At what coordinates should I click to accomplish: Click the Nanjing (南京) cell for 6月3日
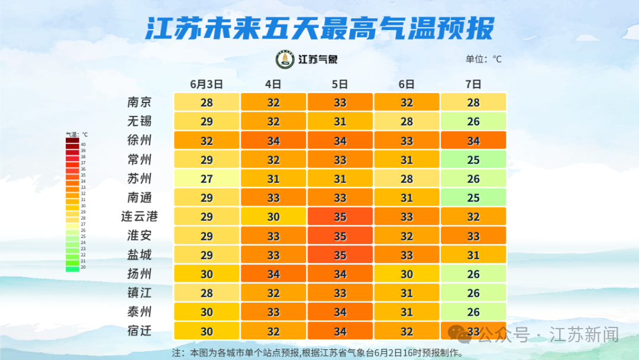206,102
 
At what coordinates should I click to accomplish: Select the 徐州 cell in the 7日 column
473,140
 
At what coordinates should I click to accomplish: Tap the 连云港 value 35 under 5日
340,216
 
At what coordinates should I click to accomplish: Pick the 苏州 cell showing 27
206,178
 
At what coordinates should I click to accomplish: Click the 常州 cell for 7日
473,159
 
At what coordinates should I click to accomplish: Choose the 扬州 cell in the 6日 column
406,274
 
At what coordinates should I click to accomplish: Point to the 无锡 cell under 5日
340,121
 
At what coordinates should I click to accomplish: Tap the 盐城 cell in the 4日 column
273,255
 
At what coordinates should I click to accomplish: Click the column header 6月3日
206,84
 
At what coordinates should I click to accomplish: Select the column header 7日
473,84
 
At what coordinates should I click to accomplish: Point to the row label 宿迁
140,330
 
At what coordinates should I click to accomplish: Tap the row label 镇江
140,292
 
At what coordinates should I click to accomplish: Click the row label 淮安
140,236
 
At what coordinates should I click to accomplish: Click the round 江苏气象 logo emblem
285,59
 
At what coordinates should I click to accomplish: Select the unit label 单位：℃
483,59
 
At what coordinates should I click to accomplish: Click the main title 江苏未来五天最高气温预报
319,28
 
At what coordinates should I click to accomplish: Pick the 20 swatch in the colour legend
72,268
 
